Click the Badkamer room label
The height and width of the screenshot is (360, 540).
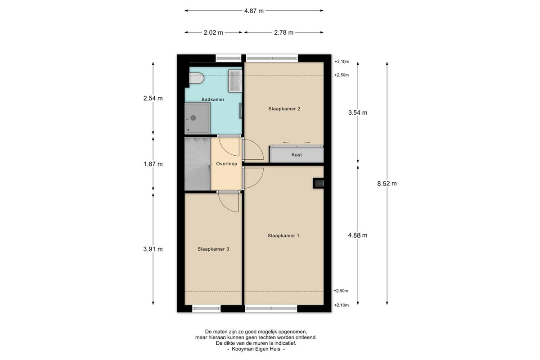213,99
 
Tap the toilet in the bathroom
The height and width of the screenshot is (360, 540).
197,78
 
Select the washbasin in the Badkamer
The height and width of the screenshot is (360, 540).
235,81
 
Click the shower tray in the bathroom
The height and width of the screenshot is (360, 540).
198,118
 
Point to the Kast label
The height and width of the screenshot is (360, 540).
297,155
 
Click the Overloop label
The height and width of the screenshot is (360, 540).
227,164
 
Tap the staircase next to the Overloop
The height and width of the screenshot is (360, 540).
198,164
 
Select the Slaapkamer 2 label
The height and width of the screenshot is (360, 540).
284,109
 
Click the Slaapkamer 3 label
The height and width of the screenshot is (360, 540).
213,249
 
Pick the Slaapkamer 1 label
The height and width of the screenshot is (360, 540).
283,236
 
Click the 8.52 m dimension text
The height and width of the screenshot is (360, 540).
387,184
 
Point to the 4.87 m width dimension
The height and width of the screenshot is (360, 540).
254,11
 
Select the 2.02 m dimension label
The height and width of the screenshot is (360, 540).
213,32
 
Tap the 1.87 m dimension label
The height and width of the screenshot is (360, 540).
153,164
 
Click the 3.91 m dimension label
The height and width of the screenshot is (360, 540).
153,249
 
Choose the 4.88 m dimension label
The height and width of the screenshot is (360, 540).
358,235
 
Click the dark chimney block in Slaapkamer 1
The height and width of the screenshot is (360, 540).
318,183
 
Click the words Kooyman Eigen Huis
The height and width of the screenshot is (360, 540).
256,349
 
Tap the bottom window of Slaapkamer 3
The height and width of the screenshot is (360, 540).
207,308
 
